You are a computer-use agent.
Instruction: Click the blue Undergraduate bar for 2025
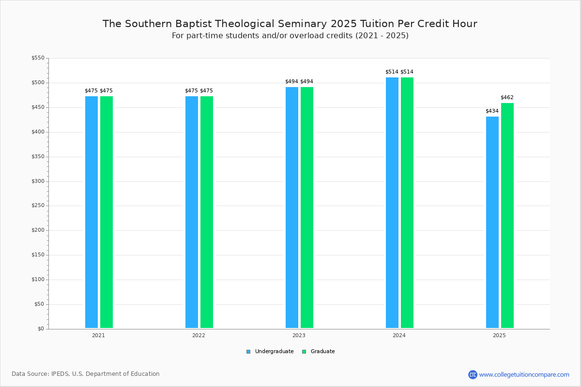[492, 222]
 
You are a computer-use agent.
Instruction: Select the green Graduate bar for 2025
[507, 215]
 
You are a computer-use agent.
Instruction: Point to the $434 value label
[492, 111]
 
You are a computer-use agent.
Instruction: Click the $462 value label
[507, 98]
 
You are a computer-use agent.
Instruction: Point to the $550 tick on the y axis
[38, 58]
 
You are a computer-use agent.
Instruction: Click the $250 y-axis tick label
[38, 206]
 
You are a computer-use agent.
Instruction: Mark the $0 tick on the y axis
[41, 329]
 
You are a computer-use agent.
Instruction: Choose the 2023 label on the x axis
[299, 335]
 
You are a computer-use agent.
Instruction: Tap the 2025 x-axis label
[499, 335]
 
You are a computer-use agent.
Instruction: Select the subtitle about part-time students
[290, 36]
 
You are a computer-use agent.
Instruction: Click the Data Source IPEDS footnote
[86, 374]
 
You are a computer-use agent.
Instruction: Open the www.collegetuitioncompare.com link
[524, 374]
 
